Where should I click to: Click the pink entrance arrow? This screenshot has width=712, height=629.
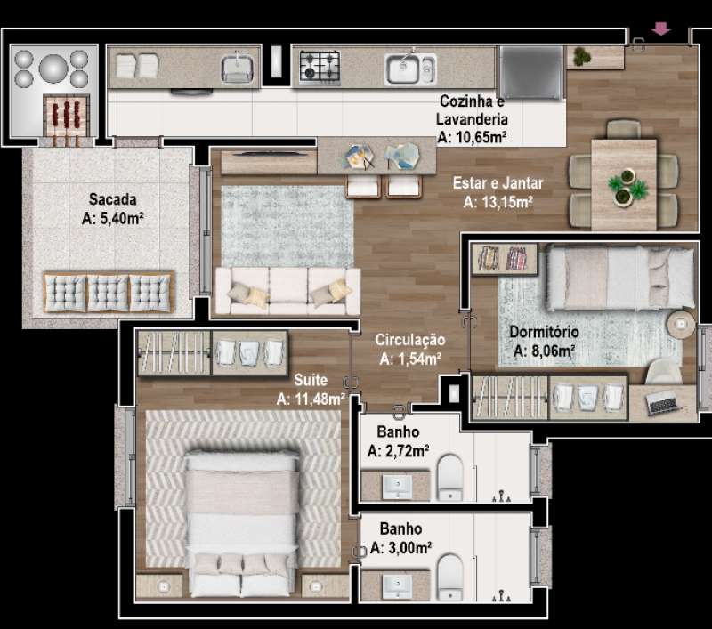(x=660, y=29)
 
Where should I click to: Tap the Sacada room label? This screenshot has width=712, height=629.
(x=113, y=199)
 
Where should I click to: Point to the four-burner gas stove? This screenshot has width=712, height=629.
(x=320, y=68)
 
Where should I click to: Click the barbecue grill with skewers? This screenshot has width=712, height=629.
(x=66, y=116)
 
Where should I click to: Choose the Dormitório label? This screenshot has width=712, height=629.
(x=544, y=332)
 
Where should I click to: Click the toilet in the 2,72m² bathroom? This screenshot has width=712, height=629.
(x=449, y=477)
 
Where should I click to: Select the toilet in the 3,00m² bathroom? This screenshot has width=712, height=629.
(x=449, y=577)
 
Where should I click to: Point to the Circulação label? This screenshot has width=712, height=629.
(x=410, y=340)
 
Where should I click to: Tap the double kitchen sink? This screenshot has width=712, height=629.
(x=410, y=69)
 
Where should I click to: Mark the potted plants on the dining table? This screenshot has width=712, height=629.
(x=628, y=187)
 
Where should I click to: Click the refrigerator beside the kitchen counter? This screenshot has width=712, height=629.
(x=530, y=72)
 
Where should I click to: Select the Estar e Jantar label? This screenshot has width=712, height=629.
(x=498, y=183)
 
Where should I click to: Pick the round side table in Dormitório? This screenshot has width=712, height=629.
(x=680, y=324)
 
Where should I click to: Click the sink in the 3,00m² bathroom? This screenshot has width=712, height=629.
(x=397, y=587)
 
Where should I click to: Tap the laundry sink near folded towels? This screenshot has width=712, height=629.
(x=237, y=68)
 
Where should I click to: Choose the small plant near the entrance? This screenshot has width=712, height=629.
(x=581, y=56)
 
